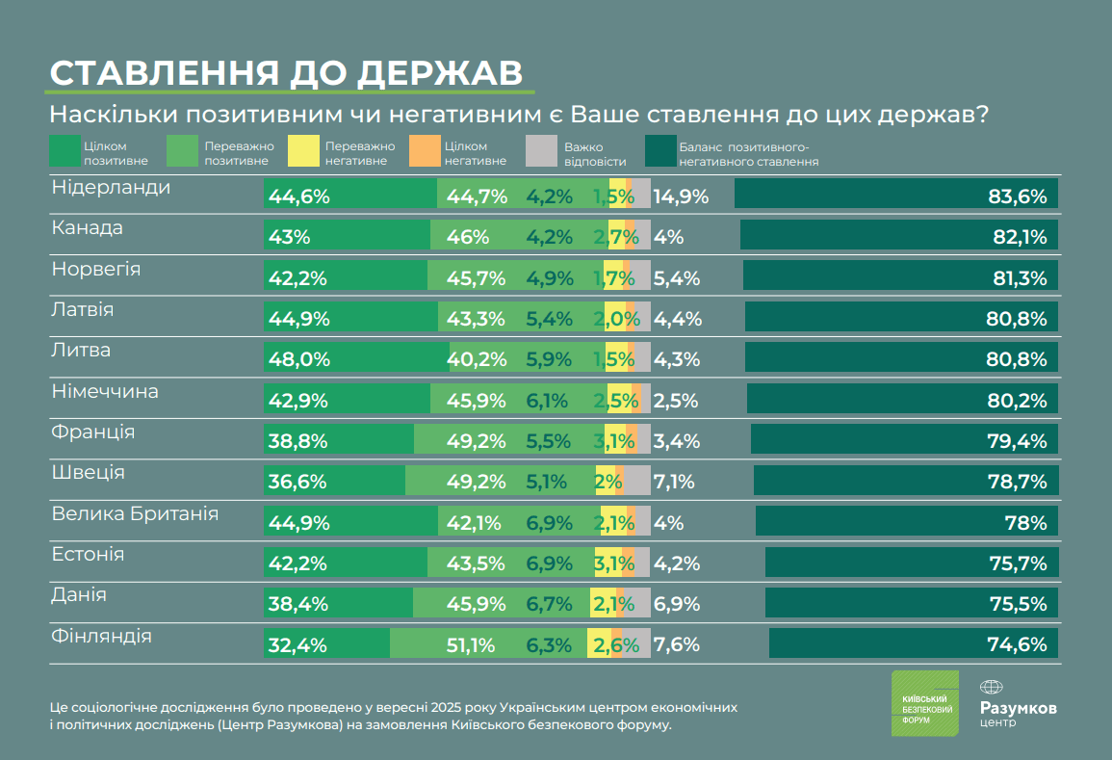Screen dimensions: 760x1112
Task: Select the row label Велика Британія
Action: tap(135, 513)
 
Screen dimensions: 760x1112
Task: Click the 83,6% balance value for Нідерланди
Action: tap(1017, 197)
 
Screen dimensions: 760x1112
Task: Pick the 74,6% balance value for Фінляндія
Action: tap(1017, 645)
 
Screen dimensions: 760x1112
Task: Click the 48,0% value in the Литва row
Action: tap(299, 359)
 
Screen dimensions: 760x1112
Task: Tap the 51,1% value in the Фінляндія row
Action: tap(472, 645)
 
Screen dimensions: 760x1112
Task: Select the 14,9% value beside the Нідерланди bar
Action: tap(681, 197)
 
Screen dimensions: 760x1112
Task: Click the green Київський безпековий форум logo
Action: tap(924, 703)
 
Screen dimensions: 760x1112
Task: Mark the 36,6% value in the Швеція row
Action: tap(299, 482)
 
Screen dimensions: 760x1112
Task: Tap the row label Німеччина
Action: tap(105, 391)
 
